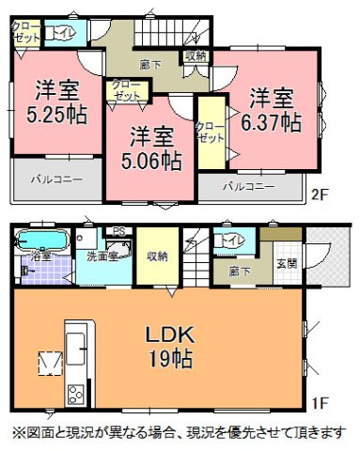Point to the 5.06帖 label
coord(150,160)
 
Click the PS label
coord(118,232)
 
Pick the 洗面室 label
coord(102,256)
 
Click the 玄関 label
coord(287,263)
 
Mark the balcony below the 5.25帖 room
coord(56,178)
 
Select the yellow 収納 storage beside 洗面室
coord(156,256)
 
